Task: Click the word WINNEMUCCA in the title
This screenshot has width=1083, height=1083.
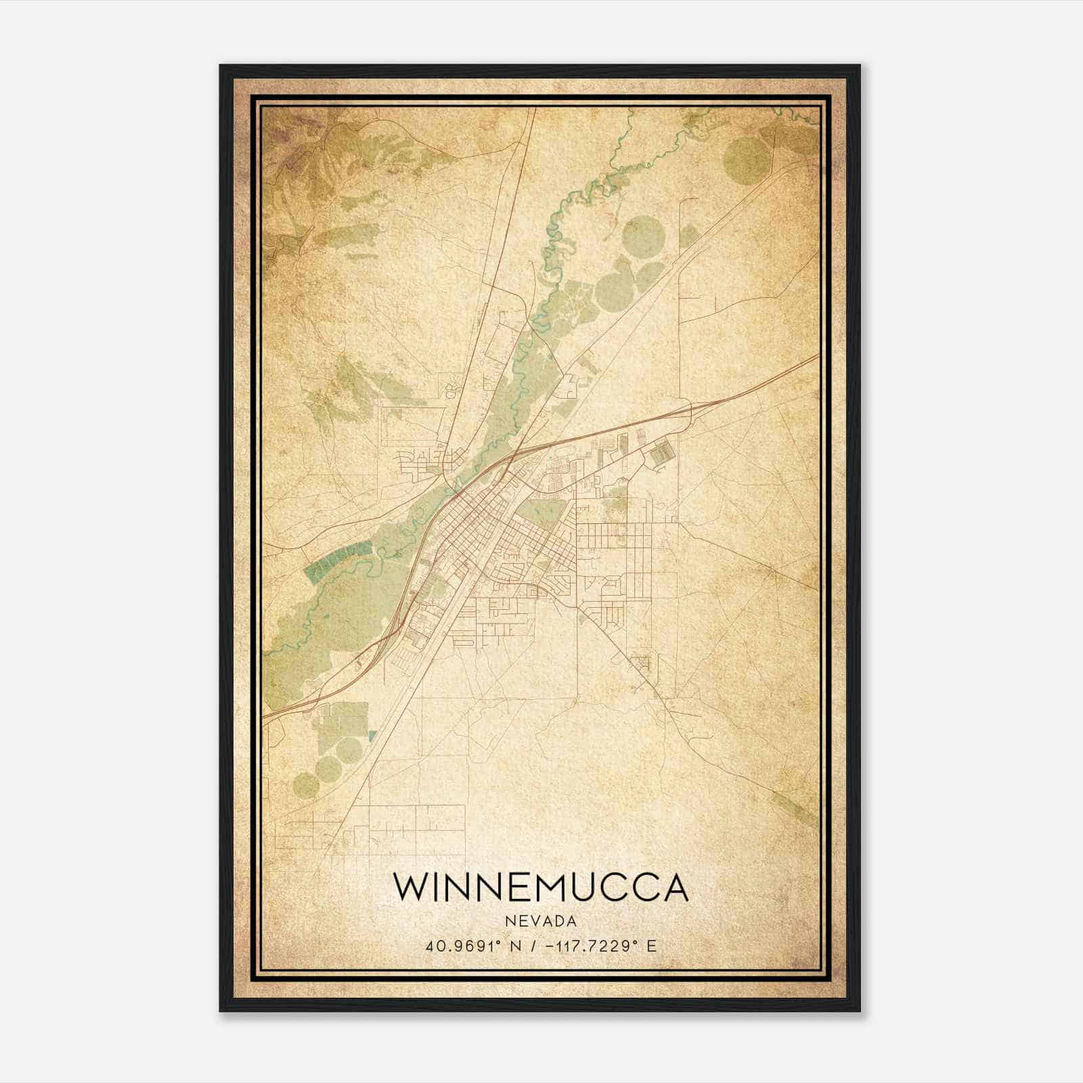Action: [x=541, y=887]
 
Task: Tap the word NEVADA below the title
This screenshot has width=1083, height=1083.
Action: [x=541, y=921]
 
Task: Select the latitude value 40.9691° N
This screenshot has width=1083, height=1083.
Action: [x=474, y=946]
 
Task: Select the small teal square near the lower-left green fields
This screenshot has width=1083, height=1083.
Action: [x=371, y=735]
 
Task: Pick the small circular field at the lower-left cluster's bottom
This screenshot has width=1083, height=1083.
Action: [x=305, y=786]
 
